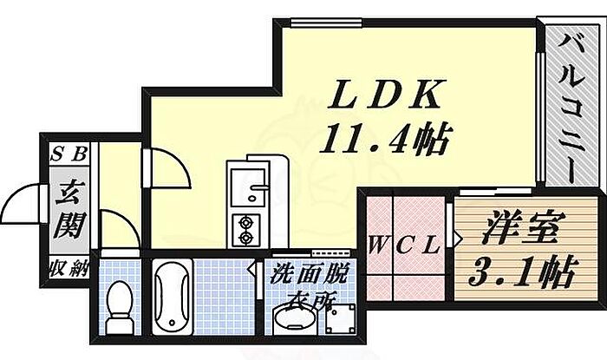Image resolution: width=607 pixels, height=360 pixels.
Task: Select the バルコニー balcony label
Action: click(570, 104)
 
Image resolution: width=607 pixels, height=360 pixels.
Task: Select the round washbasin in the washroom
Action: click(292, 322)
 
